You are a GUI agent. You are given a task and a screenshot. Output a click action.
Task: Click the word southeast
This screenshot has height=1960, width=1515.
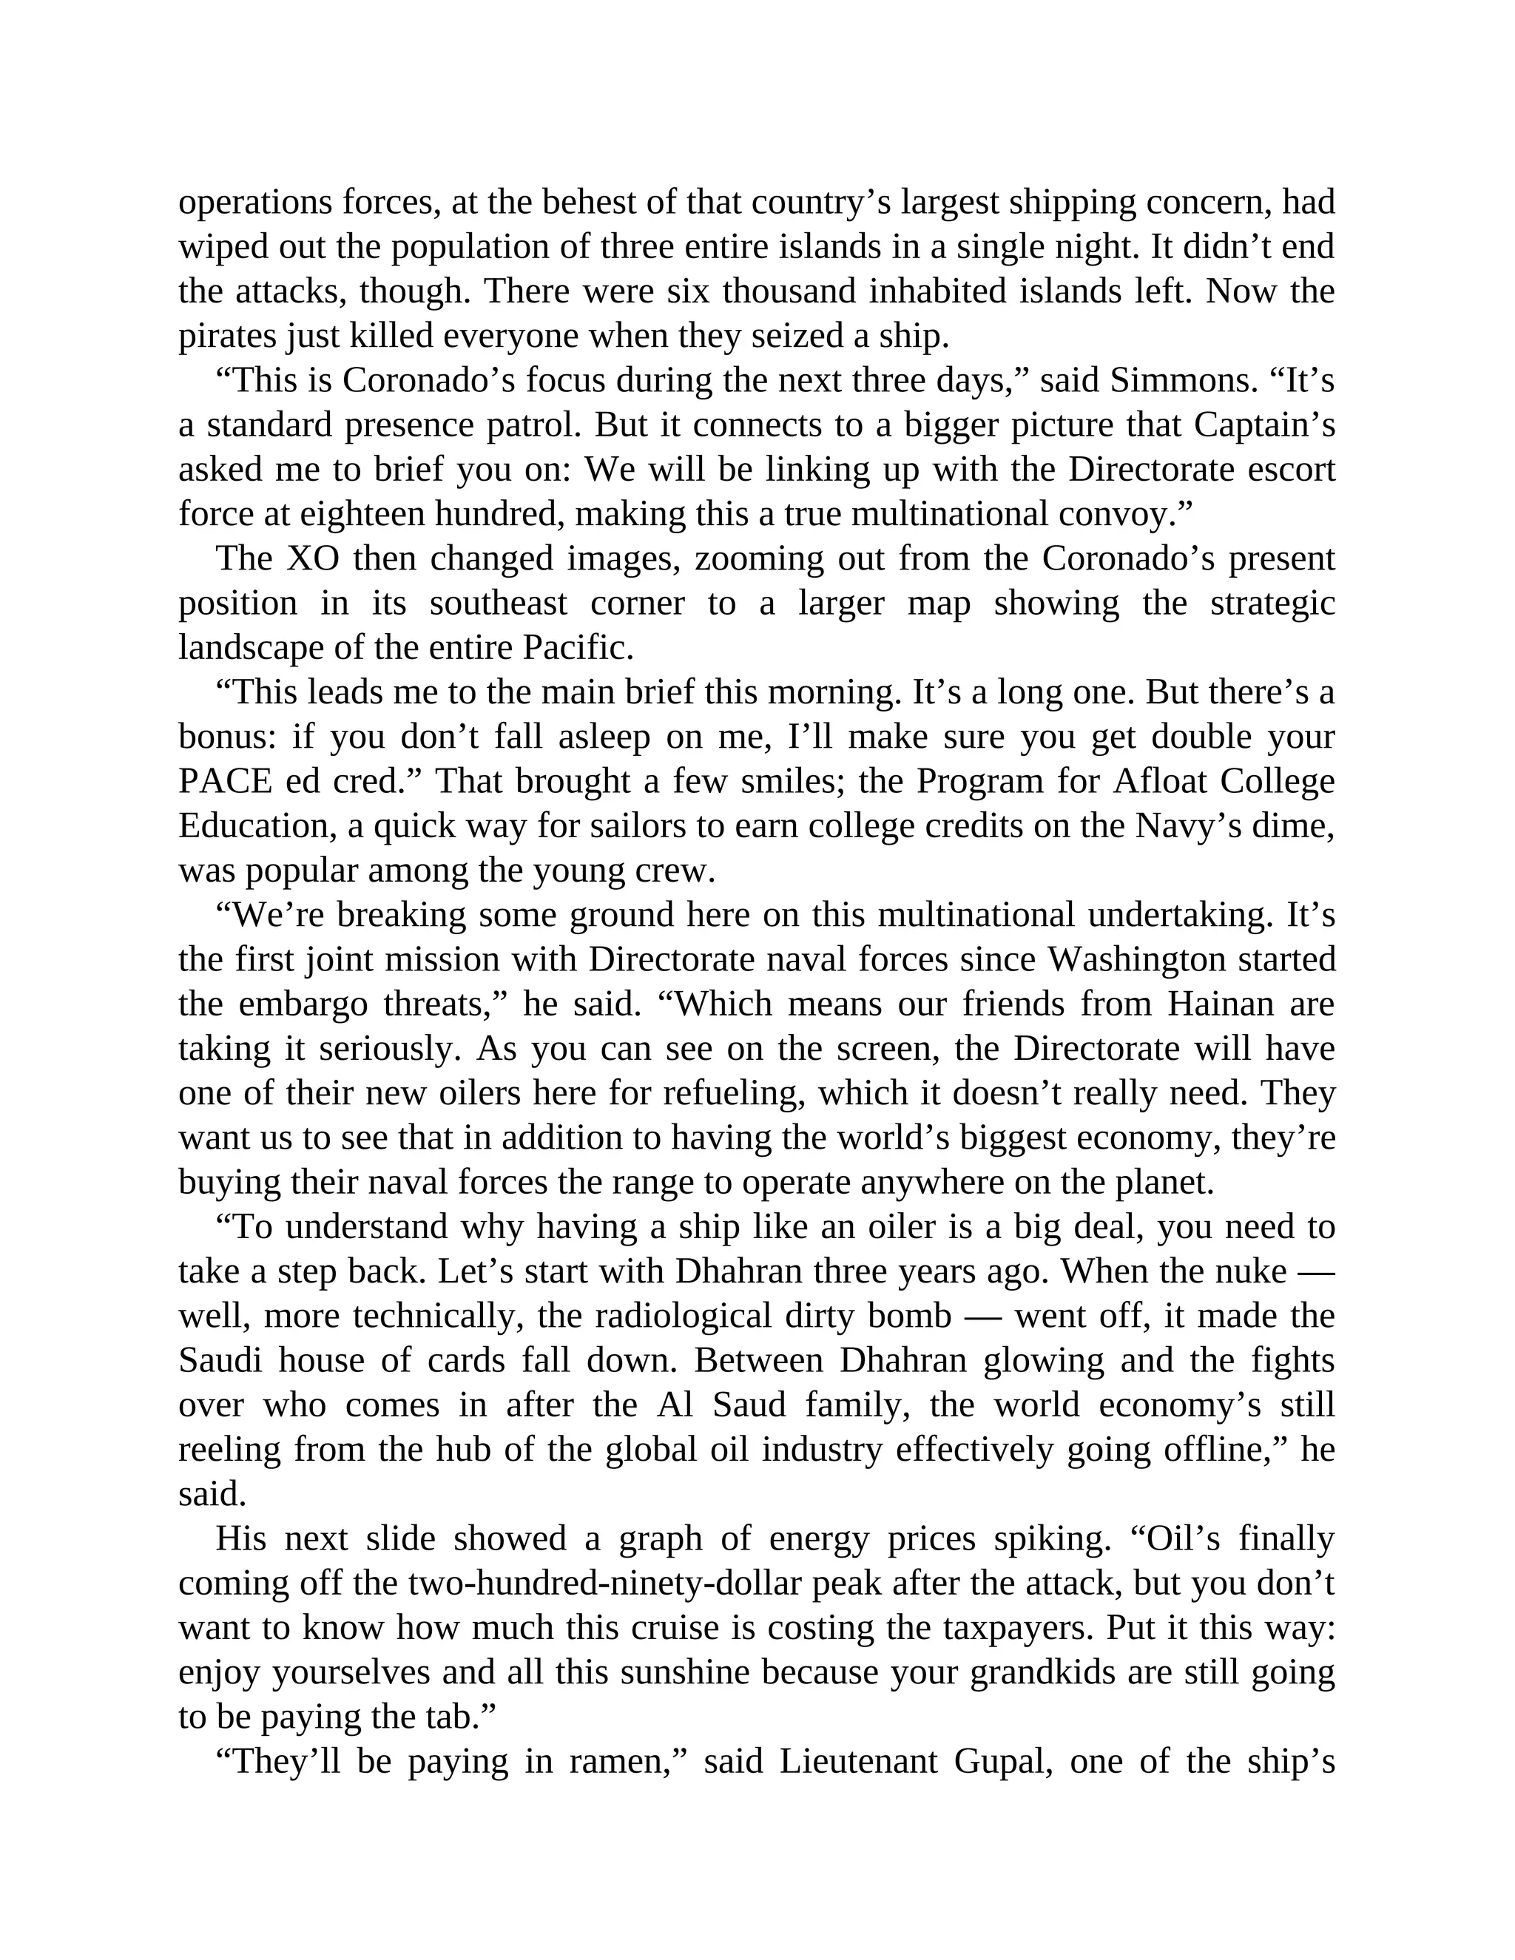[x=498, y=603]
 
